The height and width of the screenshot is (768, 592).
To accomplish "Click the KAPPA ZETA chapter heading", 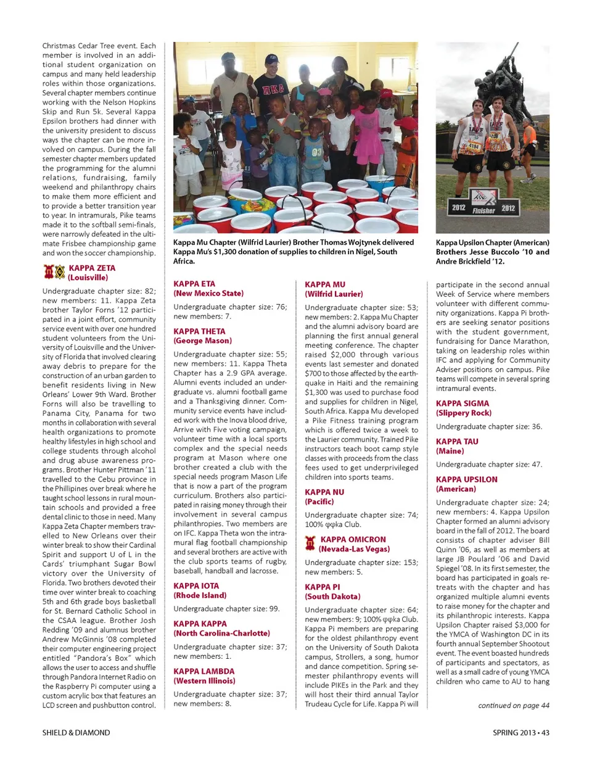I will point(92,268).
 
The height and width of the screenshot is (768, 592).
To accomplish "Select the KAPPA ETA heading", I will point(194,284).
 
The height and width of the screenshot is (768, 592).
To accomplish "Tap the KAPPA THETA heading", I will point(199,331).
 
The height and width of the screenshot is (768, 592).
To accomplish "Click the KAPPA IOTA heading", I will point(196,586).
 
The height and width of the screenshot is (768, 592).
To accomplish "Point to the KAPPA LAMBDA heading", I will point(203,671).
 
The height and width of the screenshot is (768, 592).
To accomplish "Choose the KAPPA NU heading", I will point(324,492).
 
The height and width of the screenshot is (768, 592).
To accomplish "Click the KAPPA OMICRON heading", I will point(353,539).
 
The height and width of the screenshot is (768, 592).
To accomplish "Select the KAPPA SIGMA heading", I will point(462,403).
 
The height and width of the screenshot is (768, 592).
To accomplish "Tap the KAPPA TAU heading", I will point(457,442).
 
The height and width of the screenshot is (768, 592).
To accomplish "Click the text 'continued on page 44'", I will point(514,706).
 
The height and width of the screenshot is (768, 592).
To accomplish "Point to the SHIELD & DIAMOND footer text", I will point(76,733).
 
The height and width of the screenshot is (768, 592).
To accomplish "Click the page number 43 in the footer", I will point(545,733).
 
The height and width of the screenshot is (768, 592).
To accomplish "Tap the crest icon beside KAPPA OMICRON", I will point(310,543).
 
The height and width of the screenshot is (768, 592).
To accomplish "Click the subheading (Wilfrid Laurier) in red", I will point(334,294).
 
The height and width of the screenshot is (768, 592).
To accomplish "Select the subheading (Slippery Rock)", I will point(464,413).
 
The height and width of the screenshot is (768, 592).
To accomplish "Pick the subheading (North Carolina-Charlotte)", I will point(221,634).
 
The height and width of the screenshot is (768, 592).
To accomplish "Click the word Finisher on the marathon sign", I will point(483,210).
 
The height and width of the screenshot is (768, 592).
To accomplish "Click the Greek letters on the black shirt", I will point(274,89).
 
